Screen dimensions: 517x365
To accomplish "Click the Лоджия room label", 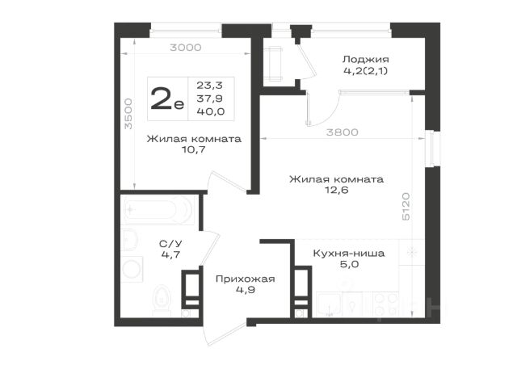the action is coord(365,59).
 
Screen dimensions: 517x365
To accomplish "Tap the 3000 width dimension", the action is coord(185,48).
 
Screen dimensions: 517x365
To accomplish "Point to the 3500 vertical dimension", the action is coord(128,113).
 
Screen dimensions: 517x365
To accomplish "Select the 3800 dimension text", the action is coord(343,132).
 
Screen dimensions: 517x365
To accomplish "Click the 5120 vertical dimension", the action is coord(406,207).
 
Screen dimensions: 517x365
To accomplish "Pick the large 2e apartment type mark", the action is coord(167,99).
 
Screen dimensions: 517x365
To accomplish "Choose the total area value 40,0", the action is coord(211,111).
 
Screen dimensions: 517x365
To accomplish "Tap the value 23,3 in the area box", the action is coord(210,86).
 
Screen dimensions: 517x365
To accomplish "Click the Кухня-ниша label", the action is coord(348,254).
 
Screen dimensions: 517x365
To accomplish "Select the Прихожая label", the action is coord(245,279).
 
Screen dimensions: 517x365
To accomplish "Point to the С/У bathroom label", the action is coord(170,244).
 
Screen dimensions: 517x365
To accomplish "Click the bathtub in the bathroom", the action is coord(158,210).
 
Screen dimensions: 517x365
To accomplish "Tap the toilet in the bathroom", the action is coord(162,300).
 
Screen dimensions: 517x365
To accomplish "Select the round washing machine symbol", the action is coord(132,269).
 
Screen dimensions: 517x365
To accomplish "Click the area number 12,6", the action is coord(336,191).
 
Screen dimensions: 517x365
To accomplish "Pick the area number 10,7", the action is coord(194,149).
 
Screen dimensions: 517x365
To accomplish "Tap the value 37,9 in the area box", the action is coord(210,99).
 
